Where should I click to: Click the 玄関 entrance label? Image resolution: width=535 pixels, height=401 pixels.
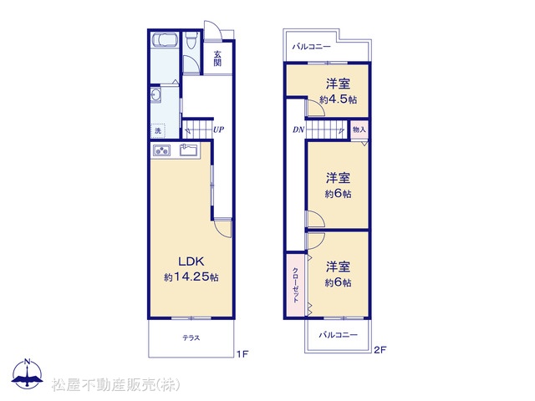[217, 58]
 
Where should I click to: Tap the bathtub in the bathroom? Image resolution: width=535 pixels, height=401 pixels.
[164, 39]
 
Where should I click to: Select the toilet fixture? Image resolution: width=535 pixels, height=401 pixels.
[191, 40]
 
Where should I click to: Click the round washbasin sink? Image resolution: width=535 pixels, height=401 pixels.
[155, 94]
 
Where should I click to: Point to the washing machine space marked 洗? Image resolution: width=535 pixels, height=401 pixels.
[158, 130]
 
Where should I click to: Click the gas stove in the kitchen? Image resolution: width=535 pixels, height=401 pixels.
[161, 150]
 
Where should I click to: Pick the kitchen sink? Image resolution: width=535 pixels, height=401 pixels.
[189, 150]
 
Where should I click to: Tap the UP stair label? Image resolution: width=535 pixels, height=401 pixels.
[218, 129]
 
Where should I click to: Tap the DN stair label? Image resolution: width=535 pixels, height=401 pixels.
[298, 129]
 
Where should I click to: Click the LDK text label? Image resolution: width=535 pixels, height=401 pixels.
[191, 261]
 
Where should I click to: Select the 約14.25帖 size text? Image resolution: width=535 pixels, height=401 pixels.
[191, 277]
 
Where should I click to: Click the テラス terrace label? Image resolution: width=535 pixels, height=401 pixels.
[191, 338]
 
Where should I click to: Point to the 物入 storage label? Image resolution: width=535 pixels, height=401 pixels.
[359, 129]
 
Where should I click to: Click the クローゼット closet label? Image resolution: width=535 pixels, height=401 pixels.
[295, 285]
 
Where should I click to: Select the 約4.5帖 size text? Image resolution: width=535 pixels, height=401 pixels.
[338, 99]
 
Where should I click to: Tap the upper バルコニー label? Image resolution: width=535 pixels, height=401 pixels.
[312, 47]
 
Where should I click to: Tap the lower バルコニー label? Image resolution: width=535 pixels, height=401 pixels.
[338, 335]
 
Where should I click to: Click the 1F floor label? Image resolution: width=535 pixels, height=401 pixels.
[242, 354]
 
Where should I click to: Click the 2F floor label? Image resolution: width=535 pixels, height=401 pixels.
[380, 350]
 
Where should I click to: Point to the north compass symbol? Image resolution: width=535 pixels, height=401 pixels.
[28, 374]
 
